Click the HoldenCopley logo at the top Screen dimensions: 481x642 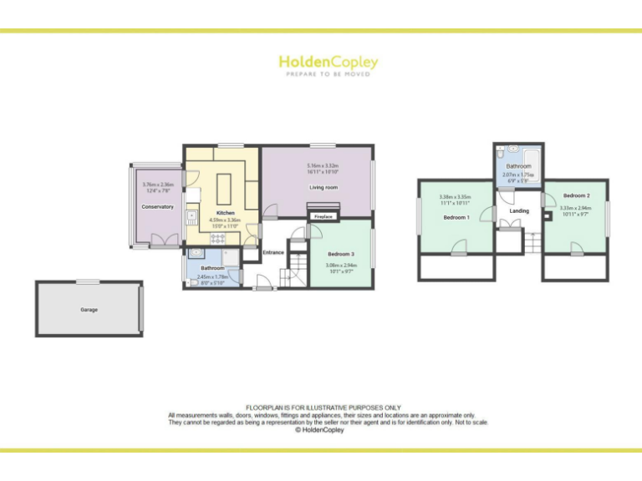coord(328,62)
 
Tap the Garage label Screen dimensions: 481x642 coord(89,310)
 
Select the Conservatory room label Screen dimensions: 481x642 coord(157,206)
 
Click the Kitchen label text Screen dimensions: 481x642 coord(225,213)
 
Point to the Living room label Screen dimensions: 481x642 coord(323,188)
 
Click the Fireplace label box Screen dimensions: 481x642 coord(323,216)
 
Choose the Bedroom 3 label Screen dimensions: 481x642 coord(340,253)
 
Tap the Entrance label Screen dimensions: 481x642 coord(273,252)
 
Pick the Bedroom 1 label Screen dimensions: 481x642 coord(456,217)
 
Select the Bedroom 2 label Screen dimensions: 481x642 coord(576,195)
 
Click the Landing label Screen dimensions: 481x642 coord(519,210)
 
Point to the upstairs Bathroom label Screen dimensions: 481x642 coord(518,166)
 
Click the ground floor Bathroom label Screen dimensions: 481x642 coord(212,268)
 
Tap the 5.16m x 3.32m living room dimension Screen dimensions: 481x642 coord(323,166)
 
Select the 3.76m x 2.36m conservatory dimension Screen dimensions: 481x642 coord(157,185)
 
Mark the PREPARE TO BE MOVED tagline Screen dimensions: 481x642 coord(328,74)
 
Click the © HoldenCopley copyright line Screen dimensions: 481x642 coord(319,430)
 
